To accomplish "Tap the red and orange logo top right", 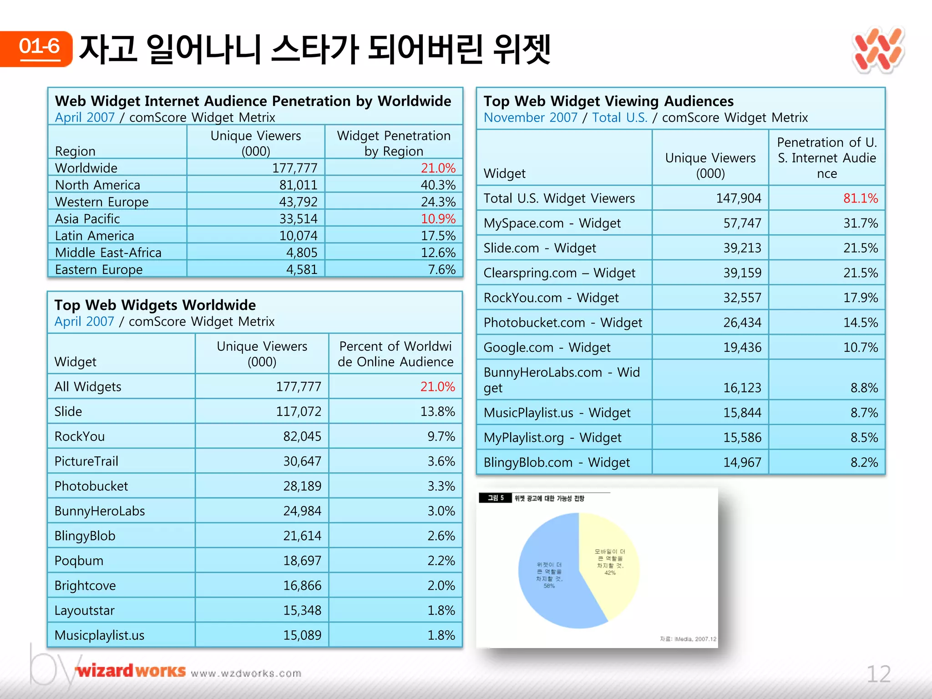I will click(x=878, y=50).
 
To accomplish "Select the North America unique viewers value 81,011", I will click(x=298, y=185).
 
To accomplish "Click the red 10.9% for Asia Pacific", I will click(x=438, y=218).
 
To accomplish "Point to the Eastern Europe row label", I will click(x=99, y=269).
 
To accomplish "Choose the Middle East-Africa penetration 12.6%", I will click(x=438, y=253).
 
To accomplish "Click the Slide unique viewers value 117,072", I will click(x=299, y=411).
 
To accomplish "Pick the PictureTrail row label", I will click(x=86, y=461).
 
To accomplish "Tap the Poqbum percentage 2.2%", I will click(x=441, y=560).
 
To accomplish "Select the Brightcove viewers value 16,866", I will click(x=302, y=585).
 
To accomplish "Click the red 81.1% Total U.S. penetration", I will click(x=860, y=198).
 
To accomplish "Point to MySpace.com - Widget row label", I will click(x=552, y=223).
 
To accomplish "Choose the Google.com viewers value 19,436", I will click(x=742, y=347).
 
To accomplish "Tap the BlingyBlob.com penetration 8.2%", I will click(x=864, y=462).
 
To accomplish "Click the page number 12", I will click(x=878, y=674).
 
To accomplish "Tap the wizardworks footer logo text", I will click(x=131, y=671).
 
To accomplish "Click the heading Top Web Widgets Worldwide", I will click(x=155, y=304).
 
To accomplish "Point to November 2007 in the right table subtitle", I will click(x=530, y=117).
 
